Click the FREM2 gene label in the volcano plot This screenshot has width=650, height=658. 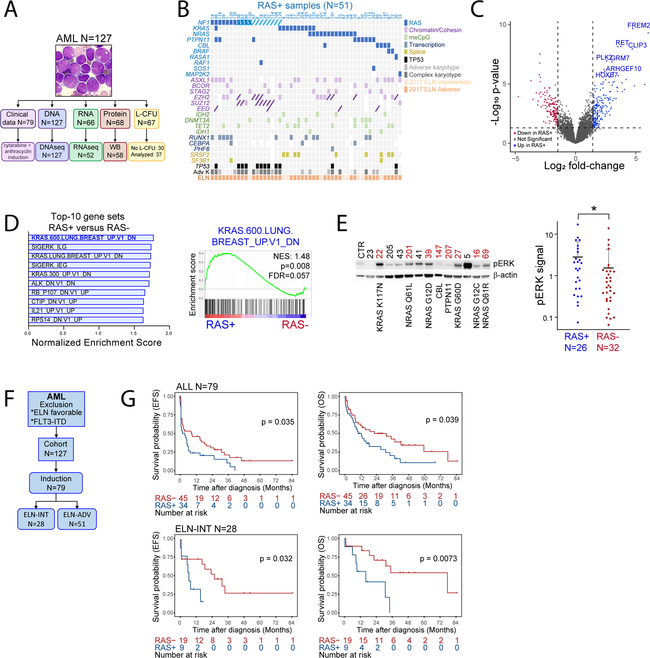638,25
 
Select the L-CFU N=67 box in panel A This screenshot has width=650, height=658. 146,118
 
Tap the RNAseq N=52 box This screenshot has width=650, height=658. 86,151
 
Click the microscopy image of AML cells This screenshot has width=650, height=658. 84,71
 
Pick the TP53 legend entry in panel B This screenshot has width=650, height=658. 416,59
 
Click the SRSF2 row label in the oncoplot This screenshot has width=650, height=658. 200,155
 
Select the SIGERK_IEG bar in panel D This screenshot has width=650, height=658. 89,265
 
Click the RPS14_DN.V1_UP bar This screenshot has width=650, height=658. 86,319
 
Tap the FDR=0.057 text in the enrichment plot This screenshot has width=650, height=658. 289,275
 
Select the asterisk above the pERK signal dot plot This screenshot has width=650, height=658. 594,209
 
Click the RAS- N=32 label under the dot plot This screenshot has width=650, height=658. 608,342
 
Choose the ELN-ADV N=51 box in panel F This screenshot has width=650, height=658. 77,519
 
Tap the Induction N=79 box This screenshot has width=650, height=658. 56,483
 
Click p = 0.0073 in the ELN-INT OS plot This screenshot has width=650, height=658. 438,558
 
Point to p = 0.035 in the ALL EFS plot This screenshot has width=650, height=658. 277,422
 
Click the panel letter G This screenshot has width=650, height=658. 128,399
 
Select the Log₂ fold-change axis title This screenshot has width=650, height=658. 584,166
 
